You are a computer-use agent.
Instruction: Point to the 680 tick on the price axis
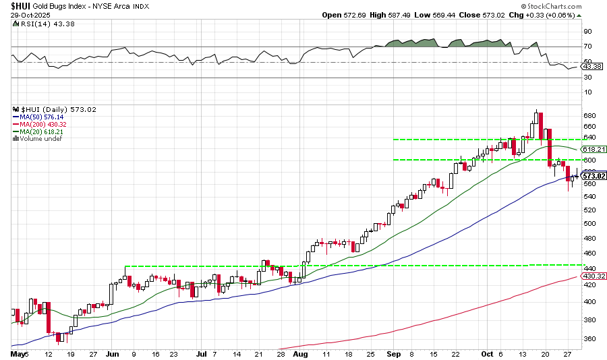pos(589,115)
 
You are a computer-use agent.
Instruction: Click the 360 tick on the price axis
pos(589,338)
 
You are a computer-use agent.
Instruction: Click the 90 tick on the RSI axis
pos(587,31)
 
